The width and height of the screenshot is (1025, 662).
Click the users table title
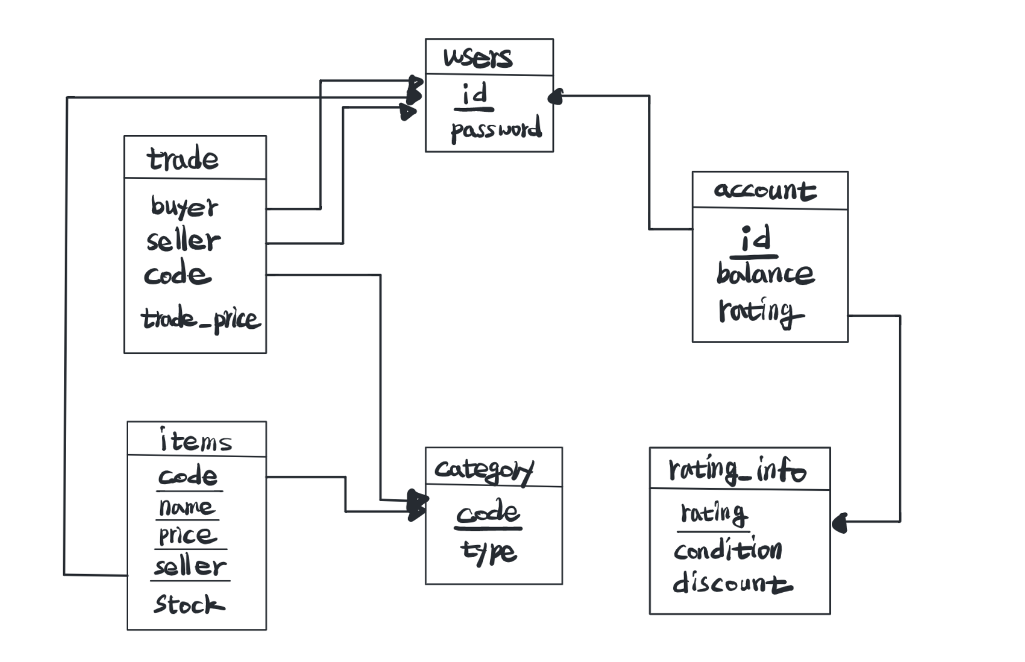tap(478, 57)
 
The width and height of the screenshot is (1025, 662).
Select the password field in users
tap(496, 129)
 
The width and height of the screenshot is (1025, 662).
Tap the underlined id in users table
tap(474, 95)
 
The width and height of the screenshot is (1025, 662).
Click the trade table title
tap(183, 159)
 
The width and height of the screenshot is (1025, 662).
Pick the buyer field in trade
tap(184, 207)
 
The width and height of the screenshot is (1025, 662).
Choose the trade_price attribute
tap(200, 319)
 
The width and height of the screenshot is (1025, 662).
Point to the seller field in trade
tap(183, 241)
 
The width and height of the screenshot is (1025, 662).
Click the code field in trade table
tap(177, 275)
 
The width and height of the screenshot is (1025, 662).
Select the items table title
tap(196, 441)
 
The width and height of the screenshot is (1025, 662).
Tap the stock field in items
tap(189, 604)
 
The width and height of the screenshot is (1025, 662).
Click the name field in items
tap(186, 507)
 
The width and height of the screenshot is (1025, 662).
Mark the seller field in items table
tap(190, 566)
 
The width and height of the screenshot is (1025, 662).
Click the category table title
tap(484, 470)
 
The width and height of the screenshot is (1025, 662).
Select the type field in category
tap(488, 552)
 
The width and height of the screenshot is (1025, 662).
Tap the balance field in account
tap(765, 274)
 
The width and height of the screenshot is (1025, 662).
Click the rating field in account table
tap(761, 311)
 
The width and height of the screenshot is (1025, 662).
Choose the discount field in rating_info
tap(732, 583)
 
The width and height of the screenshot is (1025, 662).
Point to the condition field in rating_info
tap(727, 550)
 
